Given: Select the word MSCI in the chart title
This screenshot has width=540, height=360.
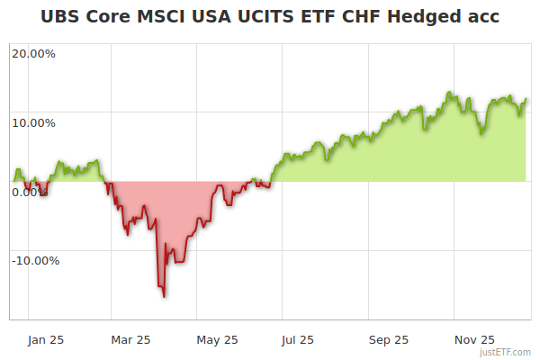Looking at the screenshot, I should click(157, 17).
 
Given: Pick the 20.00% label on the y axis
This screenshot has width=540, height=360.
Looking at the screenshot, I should click(33, 53).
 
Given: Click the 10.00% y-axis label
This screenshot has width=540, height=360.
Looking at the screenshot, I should click(33, 122).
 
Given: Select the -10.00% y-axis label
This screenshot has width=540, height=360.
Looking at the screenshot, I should click(35, 261).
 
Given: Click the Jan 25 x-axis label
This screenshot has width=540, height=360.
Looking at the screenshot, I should click(45, 339).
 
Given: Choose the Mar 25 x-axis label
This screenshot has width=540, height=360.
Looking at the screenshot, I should click(130, 339).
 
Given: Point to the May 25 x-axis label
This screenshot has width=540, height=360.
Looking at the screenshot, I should click(217, 339).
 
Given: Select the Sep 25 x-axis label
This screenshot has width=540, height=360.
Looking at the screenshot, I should click(388, 339).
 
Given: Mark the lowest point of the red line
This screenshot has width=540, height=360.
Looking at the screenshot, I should click(164, 296).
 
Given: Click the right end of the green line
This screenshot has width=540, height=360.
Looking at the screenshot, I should click(526, 99).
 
